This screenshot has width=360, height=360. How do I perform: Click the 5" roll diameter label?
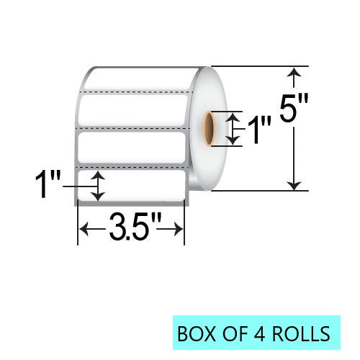pos(294,107)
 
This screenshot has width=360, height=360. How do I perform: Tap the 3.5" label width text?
pos(135,227)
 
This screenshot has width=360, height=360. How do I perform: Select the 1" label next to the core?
pos(259,129)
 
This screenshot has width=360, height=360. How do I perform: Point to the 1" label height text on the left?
pos(48,185)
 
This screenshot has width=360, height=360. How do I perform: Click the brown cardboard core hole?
pos(207,129)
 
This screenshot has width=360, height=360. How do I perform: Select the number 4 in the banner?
pos(259,333)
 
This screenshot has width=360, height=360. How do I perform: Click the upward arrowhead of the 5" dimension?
pos(294,72)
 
